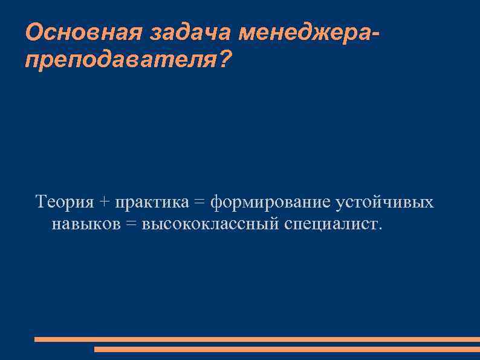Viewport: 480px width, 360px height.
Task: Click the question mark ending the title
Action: pyautogui.click(x=224, y=59)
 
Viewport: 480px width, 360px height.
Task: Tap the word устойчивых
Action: pyautogui.click(x=385, y=202)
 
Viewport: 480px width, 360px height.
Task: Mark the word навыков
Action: pyautogui.click(x=86, y=224)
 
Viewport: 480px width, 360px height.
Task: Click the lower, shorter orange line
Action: pyautogui.click(x=287, y=349)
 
